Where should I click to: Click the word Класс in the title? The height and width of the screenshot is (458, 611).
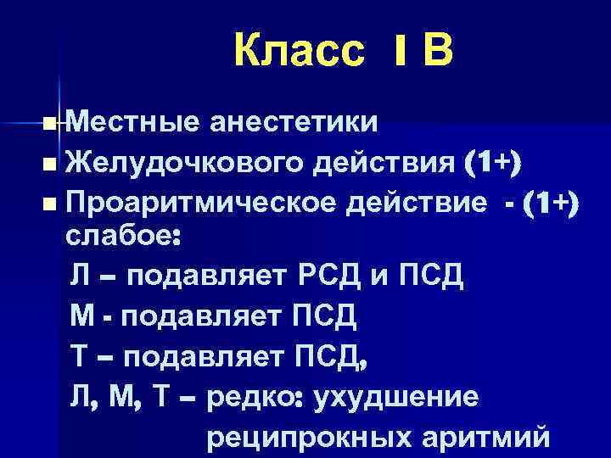(300, 53)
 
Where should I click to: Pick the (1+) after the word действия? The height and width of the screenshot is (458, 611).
(494, 163)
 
